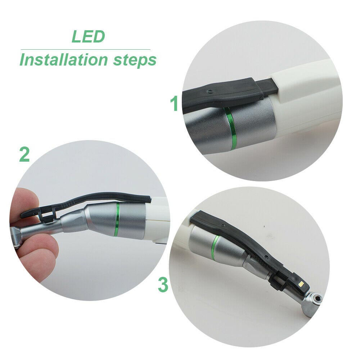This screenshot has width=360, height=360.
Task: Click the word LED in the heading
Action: [88, 36]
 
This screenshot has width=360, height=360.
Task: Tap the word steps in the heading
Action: [135, 60]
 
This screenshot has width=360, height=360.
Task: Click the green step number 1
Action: [175, 104]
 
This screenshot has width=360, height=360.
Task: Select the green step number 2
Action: [24, 154]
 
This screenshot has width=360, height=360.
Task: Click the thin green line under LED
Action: [85, 49]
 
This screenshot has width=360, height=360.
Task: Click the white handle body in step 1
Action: [306, 97]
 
